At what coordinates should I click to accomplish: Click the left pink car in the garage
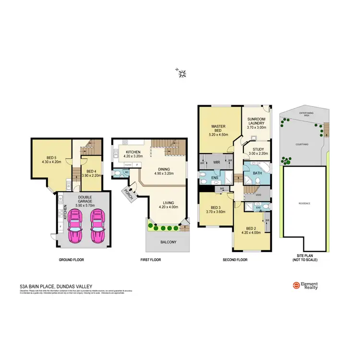point(75,228)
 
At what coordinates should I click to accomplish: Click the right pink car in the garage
point(98,228)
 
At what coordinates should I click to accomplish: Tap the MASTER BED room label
point(219,127)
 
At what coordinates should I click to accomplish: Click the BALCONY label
point(168,242)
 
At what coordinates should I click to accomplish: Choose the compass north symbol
point(182,73)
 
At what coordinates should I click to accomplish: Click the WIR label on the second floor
point(216,162)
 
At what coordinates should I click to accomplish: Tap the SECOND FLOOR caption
point(235,260)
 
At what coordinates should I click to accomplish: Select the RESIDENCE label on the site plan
point(304,204)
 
